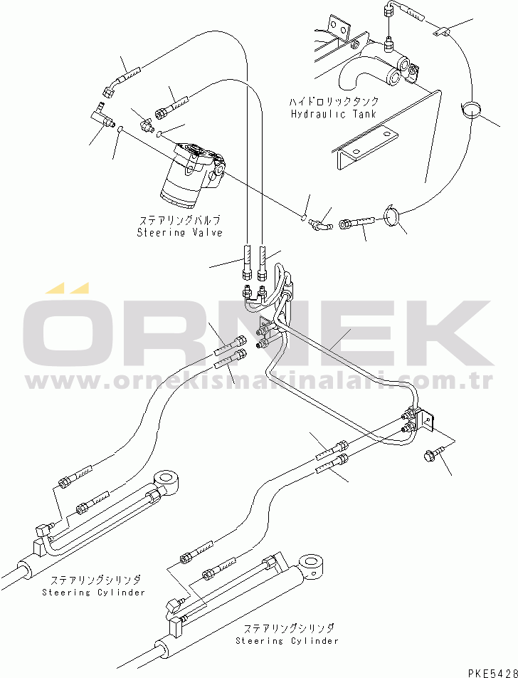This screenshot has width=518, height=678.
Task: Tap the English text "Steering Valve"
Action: tap(179, 232)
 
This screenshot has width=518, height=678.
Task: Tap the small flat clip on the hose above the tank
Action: tap(440, 31)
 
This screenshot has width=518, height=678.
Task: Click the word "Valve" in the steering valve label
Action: tap(206, 232)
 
